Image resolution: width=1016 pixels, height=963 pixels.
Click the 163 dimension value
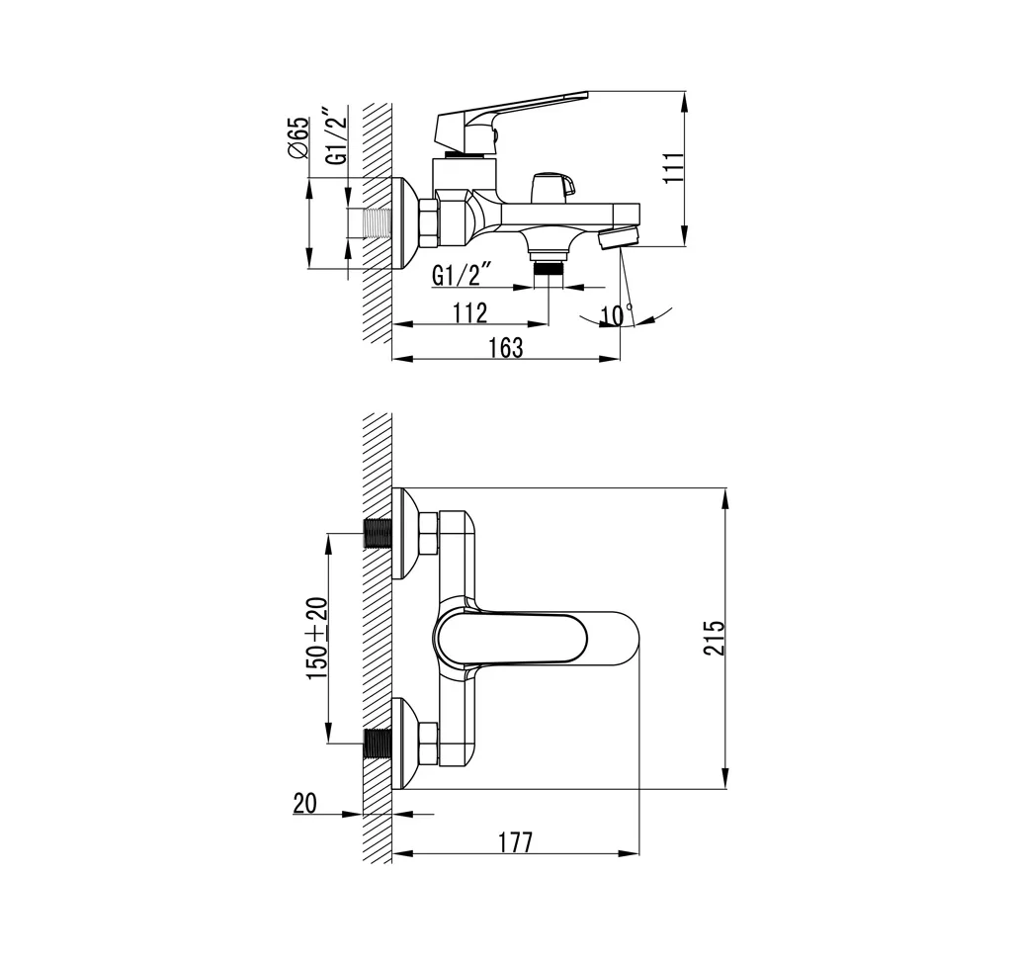(x=505, y=348)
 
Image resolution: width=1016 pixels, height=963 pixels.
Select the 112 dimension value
(x=469, y=312)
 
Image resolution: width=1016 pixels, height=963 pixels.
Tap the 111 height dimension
(x=673, y=169)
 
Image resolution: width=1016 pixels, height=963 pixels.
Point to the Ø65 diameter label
(x=297, y=137)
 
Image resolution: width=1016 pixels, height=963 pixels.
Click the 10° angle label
(x=617, y=315)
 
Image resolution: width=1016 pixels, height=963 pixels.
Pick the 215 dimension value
(x=717, y=638)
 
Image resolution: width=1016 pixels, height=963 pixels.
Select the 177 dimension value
(x=515, y=842)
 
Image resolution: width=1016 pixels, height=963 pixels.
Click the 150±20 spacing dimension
(x=317, y=638)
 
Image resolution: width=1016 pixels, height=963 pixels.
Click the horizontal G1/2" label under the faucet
(x=463, y=276)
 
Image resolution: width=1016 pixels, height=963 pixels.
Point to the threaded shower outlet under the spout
(x=550, y=264)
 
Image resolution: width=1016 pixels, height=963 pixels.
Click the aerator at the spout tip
(x=620, y=237)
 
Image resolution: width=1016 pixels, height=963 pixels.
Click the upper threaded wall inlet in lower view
(x=378, y=534)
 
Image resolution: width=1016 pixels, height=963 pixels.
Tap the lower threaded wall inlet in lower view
(x=378, y=744)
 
